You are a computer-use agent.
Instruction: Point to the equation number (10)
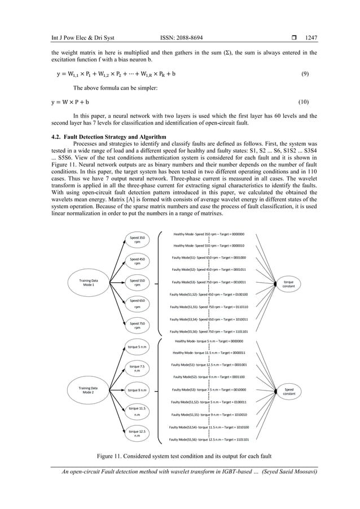click(303, 102)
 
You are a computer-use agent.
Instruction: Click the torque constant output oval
click(289, 283)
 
